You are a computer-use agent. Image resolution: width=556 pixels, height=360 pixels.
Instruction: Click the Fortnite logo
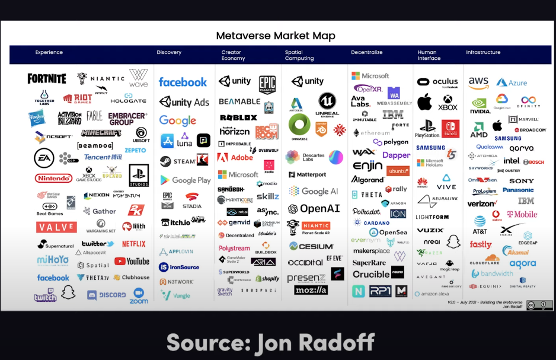click(x=47, y=78)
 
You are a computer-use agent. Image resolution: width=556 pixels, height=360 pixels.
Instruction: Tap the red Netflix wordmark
click(x=133, y=244)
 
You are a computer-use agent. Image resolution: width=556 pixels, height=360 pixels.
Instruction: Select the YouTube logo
click(x=132, y=261)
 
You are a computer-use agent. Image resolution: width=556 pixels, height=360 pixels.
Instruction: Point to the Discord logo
click(x=107, y=295)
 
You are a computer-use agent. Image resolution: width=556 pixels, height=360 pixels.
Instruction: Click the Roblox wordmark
click(x=238, y=117)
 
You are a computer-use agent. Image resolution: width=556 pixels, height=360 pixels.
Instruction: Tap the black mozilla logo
click(x=311, y=290)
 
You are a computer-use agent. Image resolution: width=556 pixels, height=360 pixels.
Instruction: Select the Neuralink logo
click(x=438, y=201)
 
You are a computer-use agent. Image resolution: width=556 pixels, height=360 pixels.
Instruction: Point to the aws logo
click(x=478, y=82)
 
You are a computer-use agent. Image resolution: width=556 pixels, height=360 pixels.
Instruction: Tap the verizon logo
click(x=481, y=203)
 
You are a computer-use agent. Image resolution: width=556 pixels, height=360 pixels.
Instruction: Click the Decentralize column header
click(x=366, y=53)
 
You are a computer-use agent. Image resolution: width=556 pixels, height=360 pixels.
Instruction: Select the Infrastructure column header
click(x=483, y=53)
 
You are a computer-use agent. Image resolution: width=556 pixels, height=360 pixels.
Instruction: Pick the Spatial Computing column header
click(x=299, y=55)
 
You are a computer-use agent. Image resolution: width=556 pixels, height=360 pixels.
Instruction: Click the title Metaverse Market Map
click(x=276, y=36)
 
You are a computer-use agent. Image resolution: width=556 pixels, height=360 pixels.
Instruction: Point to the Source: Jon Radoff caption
click(x=278, y=342)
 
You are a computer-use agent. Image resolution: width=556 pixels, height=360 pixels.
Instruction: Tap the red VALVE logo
click(x=56, y=227)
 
